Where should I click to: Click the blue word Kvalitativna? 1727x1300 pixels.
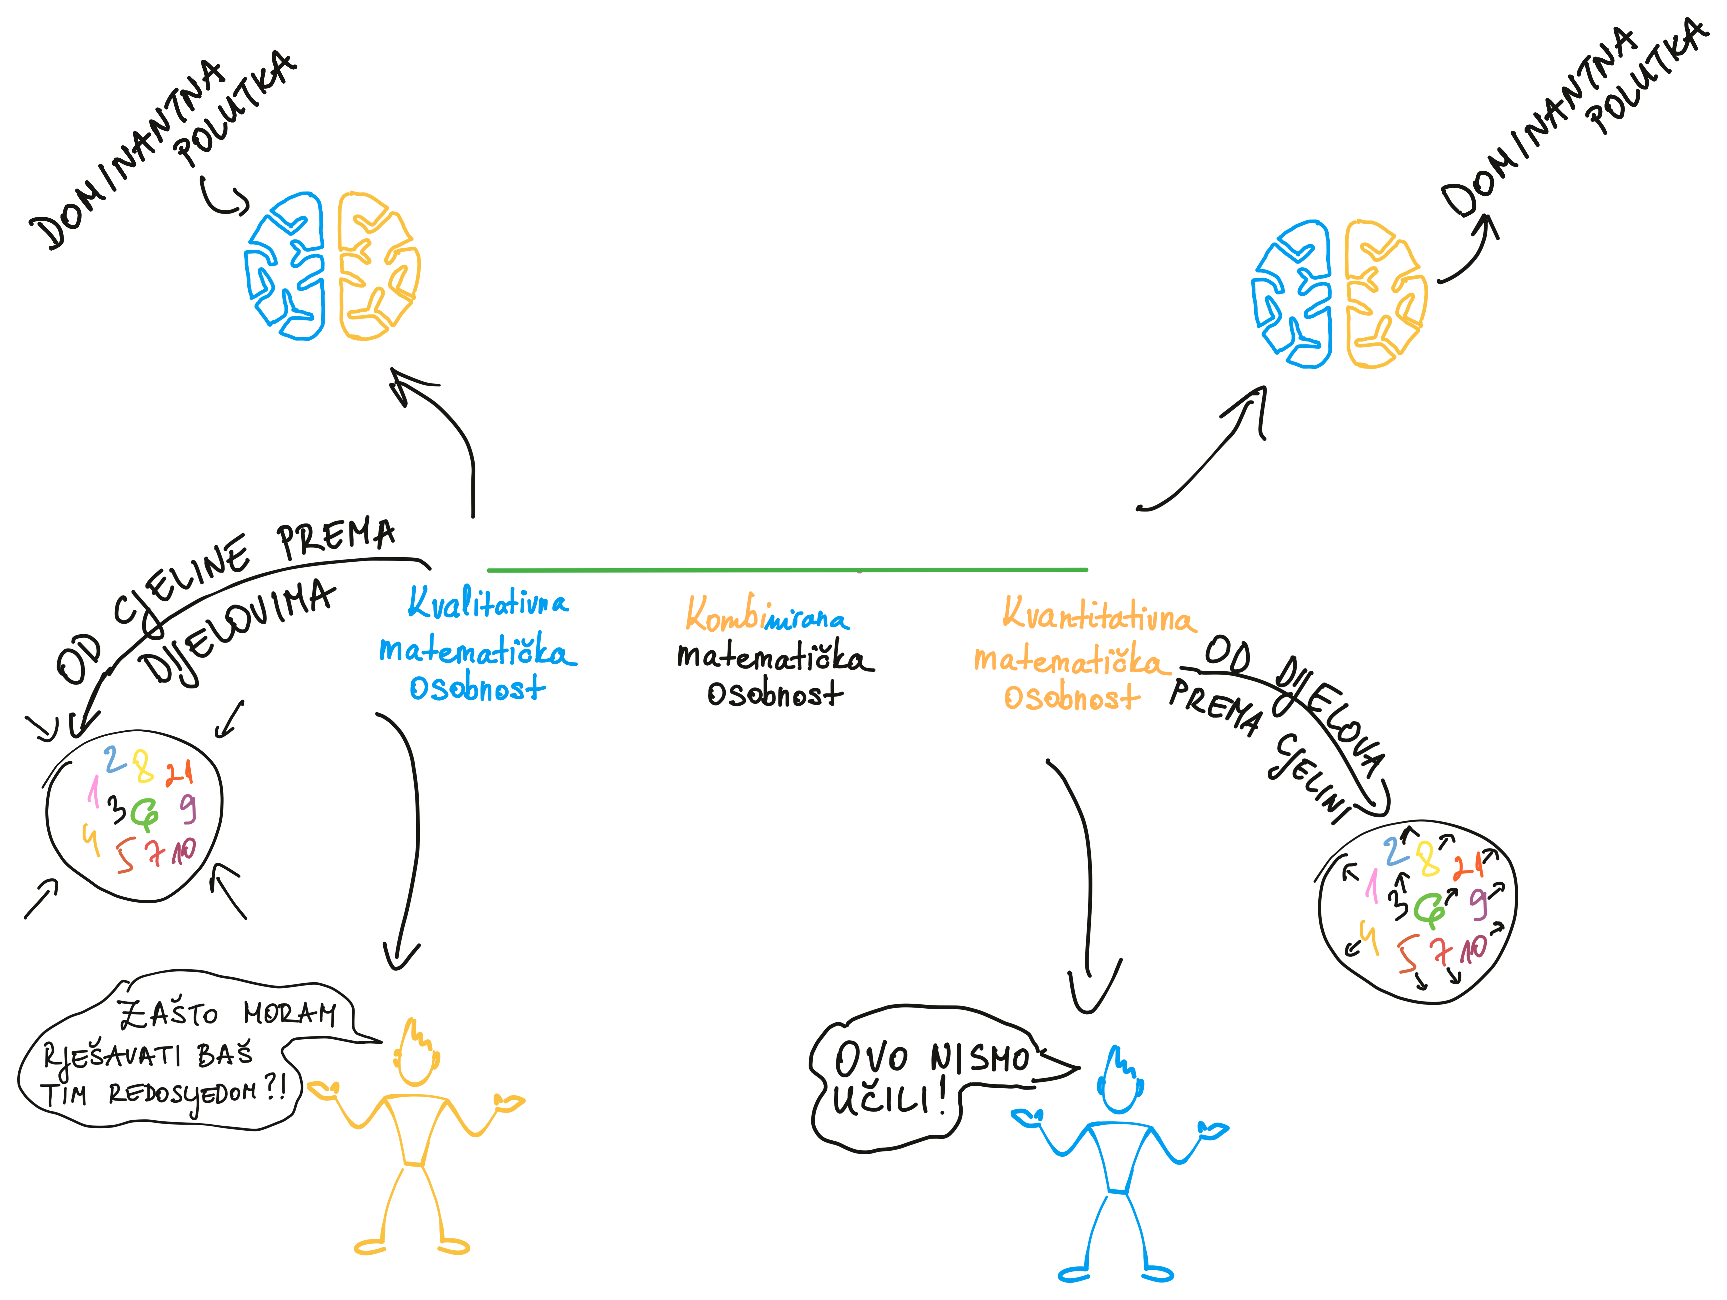coord(488,603)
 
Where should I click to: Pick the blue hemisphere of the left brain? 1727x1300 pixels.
coord(285,265)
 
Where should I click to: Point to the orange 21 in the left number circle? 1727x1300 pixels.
coord(179,772)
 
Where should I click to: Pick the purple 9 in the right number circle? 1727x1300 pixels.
coord(1478,903)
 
